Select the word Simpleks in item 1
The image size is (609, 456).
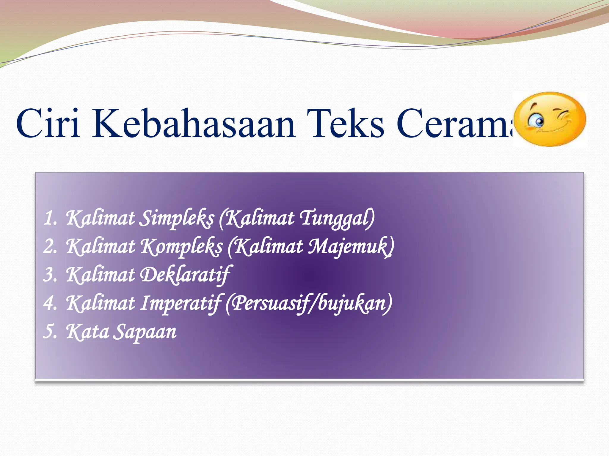click(177, 218)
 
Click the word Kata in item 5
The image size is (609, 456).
click(87, 332)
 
